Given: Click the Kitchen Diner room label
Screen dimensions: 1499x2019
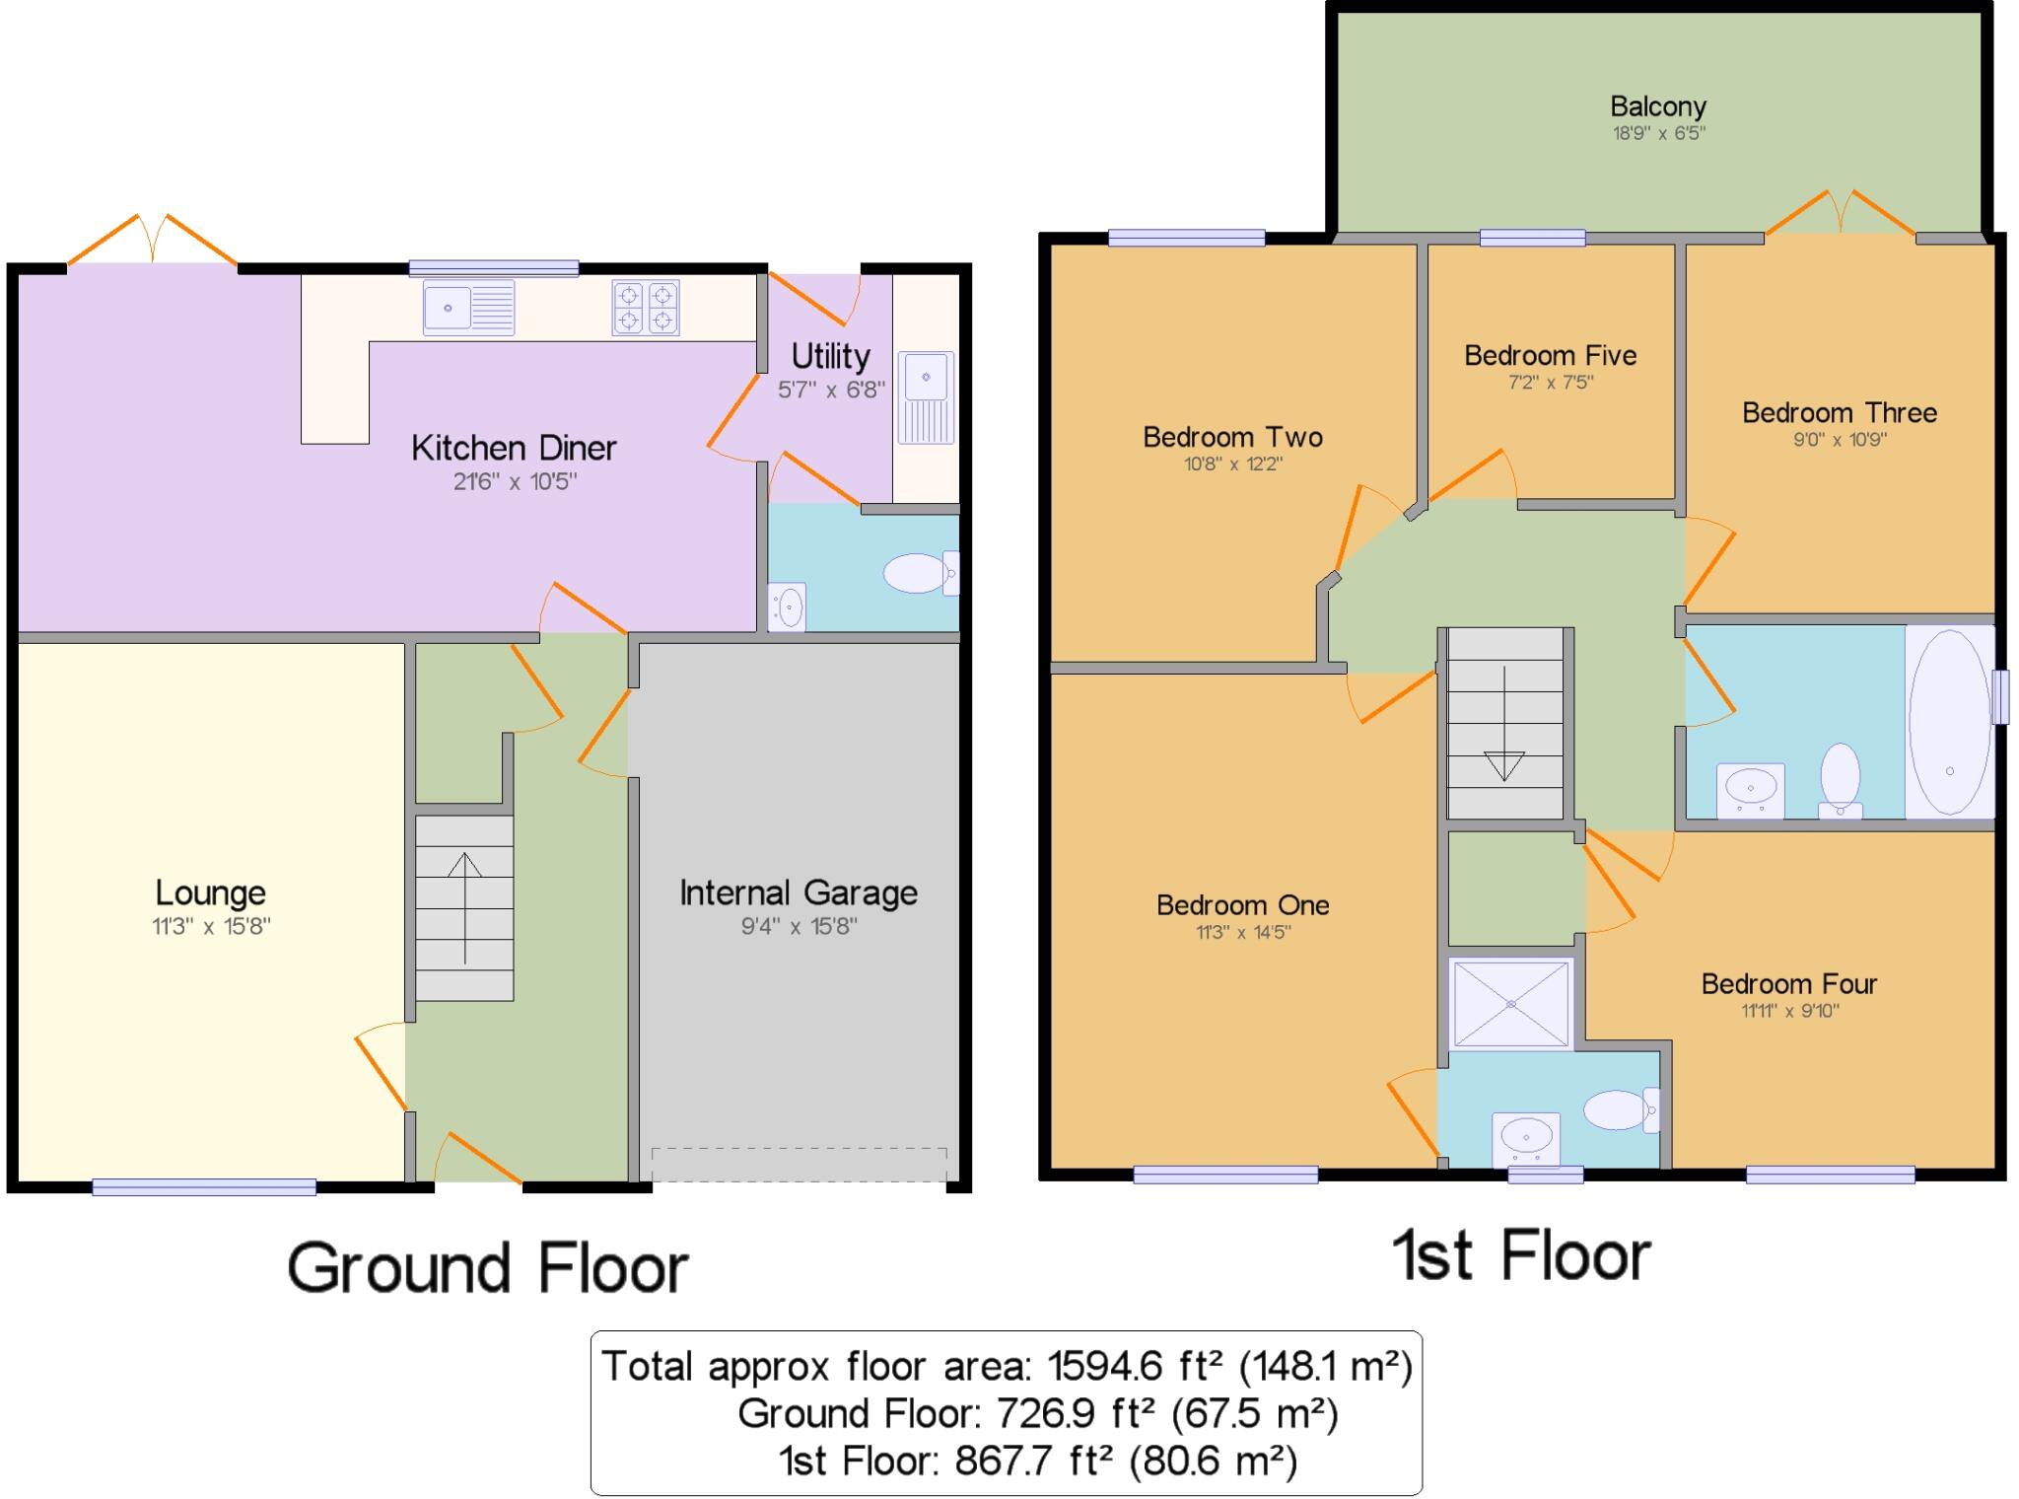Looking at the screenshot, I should pos(514,449).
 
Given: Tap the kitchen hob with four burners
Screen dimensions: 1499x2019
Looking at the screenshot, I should pos(646,307).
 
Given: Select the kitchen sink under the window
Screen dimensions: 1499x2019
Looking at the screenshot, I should pos(468,307).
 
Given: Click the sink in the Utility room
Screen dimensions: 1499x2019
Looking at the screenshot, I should pos(925,396).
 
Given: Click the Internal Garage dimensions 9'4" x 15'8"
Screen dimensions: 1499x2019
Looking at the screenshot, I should pos(799,926).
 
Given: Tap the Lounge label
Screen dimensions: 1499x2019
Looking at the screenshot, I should pos(210,893).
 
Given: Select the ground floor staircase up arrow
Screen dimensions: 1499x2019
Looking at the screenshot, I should pos(464,906).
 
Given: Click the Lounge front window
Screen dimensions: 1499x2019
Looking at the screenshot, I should pos(204,1187).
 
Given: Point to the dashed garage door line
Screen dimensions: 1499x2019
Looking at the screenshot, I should pos(799,1149).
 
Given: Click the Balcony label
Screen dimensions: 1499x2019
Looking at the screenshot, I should pos(1657,107).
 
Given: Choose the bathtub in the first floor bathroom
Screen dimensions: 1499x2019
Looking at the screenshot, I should pos(1949,721).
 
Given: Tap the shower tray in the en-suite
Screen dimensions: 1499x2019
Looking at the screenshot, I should pos(1510,1003).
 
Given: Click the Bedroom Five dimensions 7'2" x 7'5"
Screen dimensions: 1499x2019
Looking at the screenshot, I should pos(1550,383).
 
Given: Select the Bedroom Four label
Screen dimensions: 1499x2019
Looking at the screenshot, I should pos(1788,984).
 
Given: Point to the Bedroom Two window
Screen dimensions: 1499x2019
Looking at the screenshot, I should pos(1186,238).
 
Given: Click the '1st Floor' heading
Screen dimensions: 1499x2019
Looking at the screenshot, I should pos(1520,1256).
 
